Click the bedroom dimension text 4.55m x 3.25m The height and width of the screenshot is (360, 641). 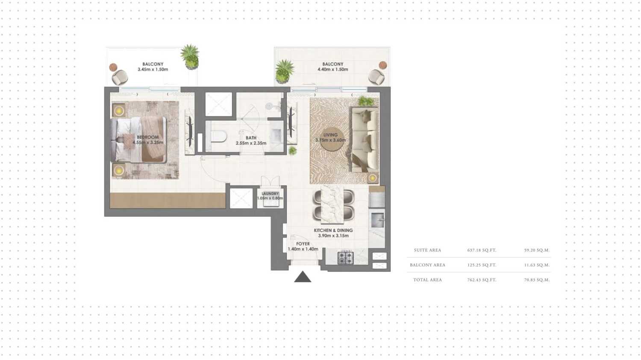[148, 143]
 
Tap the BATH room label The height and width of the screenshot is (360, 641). [251, 138]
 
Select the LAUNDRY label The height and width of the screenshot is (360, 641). [270, 194]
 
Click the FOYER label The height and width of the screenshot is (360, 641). [303, 244]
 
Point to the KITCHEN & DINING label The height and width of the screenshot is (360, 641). [333, 230]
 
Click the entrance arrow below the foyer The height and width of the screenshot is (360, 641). [303, 277]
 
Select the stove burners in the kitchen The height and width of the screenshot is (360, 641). [345, 258]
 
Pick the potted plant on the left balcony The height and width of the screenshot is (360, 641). [190, 56]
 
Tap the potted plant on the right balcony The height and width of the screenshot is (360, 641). [284, 71]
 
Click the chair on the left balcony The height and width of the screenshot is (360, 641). [120, 77]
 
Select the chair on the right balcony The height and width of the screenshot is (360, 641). [376, 77]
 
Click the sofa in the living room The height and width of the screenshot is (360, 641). [365, 139]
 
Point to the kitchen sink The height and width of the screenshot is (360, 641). [377, 220]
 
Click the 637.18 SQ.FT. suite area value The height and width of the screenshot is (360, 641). [482, 250]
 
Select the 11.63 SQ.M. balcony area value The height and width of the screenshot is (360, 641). [537, 265]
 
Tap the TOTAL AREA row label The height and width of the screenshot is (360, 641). [427, 280]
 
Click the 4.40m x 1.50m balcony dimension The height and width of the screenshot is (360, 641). [332, 69]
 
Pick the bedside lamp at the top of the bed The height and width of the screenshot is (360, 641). [118, 111]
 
